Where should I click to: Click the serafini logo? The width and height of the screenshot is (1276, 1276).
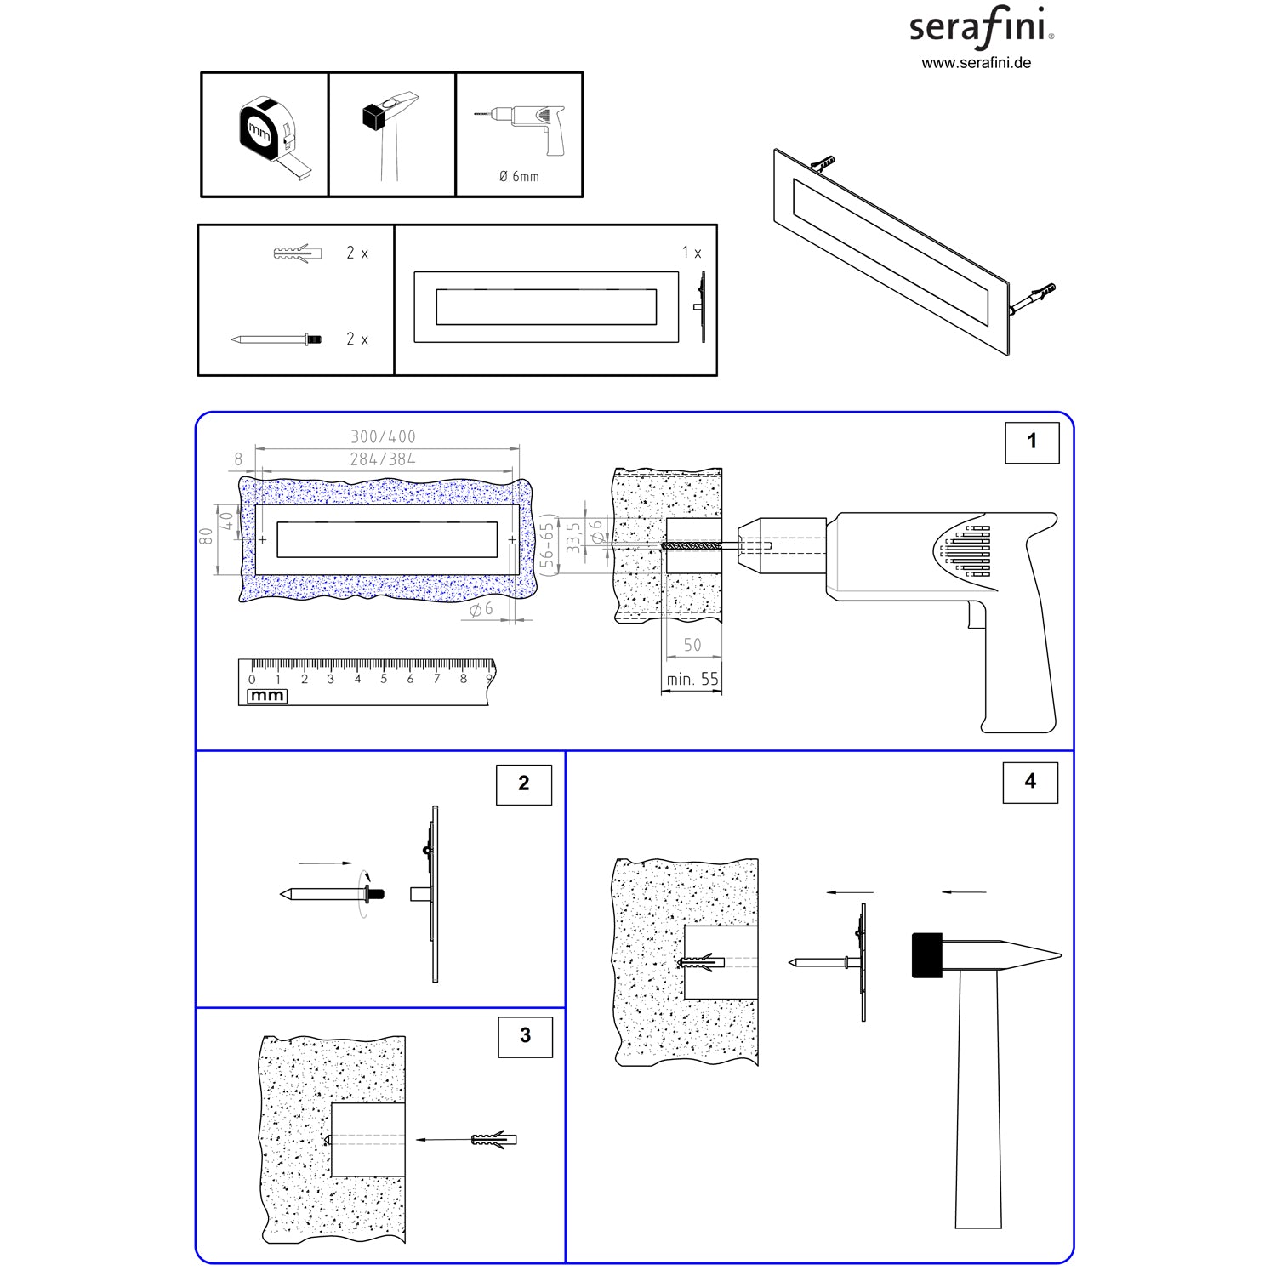coord(982,27)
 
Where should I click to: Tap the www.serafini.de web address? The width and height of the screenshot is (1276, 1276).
coord(977,63)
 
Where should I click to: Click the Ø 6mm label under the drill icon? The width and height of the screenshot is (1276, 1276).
coord(519,176)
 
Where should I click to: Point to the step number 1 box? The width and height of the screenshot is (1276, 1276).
coord(1032,441)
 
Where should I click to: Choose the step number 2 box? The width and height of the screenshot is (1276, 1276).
coord(524,783)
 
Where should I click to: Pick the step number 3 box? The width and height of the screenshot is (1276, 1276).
coord(526,1035)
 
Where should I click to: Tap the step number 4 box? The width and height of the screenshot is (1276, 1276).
coord(1030,782)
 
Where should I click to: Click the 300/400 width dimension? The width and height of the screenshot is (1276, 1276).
coord(383,436)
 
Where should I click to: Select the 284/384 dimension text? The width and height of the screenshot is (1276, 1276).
coord(383,459)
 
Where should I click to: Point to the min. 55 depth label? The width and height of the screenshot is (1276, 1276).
coord(692,679)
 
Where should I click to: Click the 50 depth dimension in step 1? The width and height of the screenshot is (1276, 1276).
coord(692,645)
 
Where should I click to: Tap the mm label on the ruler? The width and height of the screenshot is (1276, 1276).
coord(267,696)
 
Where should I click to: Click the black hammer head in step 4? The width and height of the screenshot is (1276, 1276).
coord(927,955)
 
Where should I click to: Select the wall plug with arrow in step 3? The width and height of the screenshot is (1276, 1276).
coord(493,1139)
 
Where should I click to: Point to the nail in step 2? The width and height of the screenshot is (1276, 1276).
coord(332,894)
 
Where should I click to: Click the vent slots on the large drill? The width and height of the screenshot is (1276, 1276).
coord(969,550)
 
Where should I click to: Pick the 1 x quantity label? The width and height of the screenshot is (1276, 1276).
coord(692,253)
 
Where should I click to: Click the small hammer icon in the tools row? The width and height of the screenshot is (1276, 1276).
coord(387,136)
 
